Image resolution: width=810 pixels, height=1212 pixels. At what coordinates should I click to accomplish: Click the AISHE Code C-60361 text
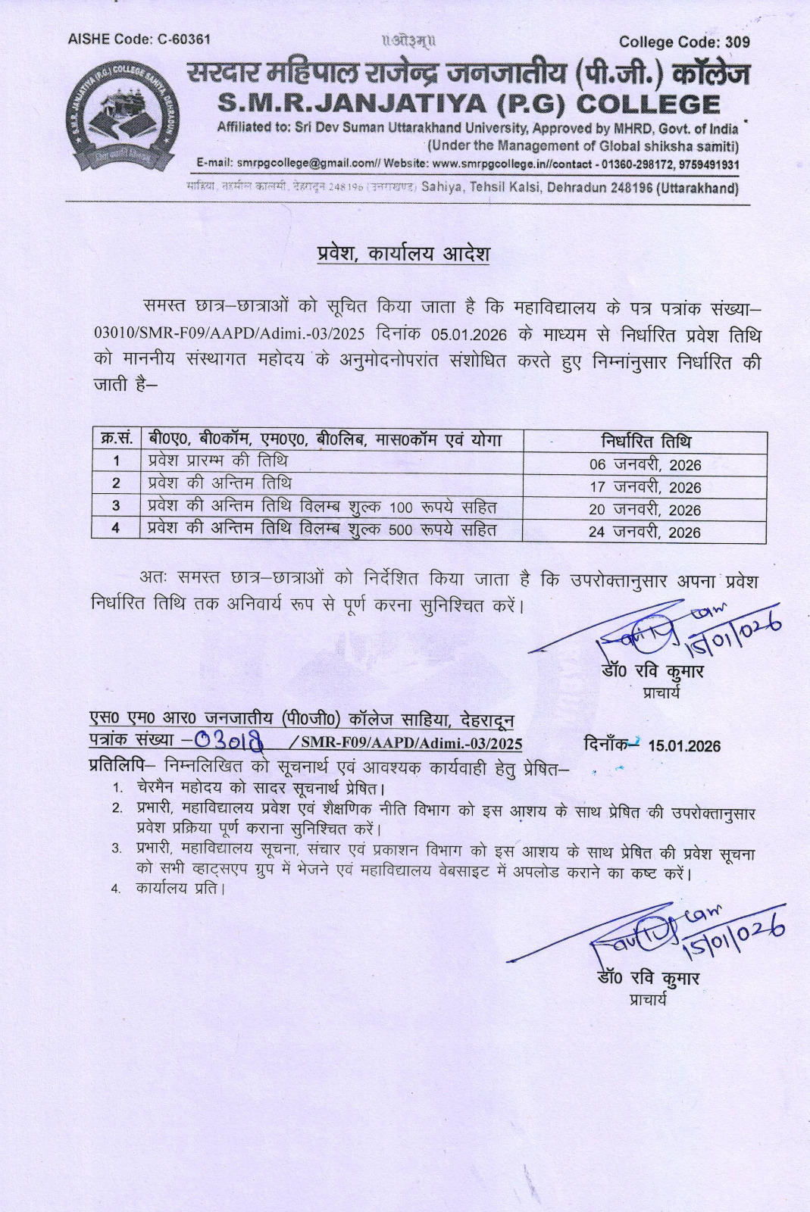click(x=139, y=39)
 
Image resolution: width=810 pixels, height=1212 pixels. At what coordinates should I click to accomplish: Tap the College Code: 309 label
click(x=683, y=42)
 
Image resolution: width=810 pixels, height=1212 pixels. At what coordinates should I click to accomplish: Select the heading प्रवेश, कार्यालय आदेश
click(x=403, y=253)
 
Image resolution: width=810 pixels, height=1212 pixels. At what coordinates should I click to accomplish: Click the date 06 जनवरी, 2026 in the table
click(x=646, y=464)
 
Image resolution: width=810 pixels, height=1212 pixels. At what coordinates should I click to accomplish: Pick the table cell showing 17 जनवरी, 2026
click(x=646, y=487)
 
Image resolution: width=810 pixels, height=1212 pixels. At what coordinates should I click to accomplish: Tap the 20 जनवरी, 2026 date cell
click(x=646, y=510)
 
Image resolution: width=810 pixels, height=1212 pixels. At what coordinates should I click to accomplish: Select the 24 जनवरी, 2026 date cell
click(x=646, y=532)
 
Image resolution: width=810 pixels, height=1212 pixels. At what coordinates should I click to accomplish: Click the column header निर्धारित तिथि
click(x=646, y=442)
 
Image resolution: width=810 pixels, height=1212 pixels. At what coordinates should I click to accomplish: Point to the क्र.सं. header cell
click(x=116, y=440)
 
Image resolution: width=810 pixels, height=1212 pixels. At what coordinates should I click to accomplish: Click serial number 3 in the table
click(x=116, y=506)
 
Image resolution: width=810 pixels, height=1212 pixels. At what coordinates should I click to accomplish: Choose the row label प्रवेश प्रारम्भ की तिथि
click(x=217, y=461)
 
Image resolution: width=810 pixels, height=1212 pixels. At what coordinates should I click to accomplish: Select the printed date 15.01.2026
click(x=684, y=746)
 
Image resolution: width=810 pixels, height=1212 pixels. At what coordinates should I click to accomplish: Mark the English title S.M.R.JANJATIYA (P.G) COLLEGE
click(x=468, y=105)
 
